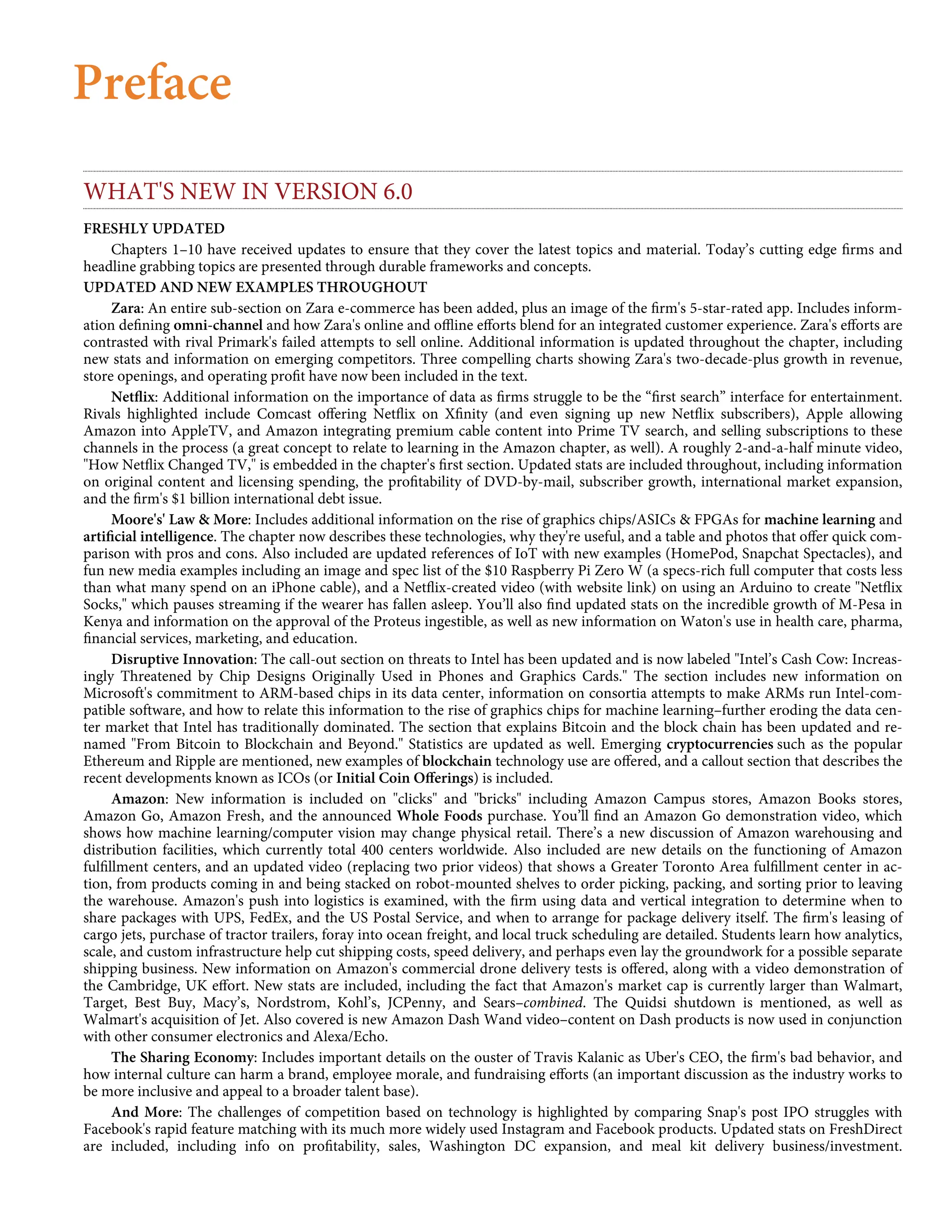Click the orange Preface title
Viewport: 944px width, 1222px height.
tap(152, 83)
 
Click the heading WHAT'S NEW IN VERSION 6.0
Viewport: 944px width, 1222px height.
tap(248, 191)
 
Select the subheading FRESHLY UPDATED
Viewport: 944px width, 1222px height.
tap(154, 228)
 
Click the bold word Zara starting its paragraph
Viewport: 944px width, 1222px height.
tap(127, 308)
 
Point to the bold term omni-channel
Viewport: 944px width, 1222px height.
tap(218, 325)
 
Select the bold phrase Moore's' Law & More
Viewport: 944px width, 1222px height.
tap(178, 519)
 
